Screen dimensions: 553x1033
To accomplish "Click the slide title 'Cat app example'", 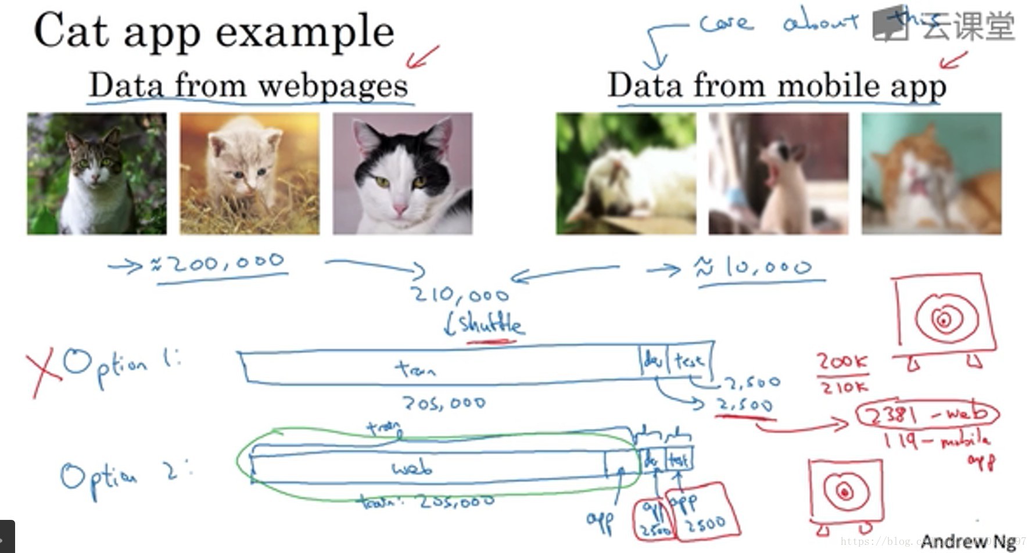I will tap(214, 31).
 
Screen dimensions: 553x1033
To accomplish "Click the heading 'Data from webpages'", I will tap(249, 86).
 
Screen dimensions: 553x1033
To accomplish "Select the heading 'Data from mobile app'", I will tap(776, 86).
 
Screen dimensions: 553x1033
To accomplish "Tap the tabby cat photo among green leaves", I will tap(96, 174).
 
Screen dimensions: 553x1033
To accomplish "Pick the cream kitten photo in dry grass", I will tap(249, 174).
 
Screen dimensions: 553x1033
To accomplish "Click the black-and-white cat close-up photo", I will tap(402, 174).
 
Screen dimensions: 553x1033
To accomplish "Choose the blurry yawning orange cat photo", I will tap(931, 174).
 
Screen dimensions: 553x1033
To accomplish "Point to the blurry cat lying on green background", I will tap(626, 174).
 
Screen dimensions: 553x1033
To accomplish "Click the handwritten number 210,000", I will tap(460, 295).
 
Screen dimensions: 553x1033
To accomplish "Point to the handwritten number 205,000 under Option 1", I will tap(444, 403).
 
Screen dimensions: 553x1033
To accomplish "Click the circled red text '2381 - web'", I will tap(927, 414).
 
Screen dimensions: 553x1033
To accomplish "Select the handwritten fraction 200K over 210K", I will tap(842, 374).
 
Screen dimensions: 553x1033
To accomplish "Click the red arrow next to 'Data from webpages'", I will tap(422, 57).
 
